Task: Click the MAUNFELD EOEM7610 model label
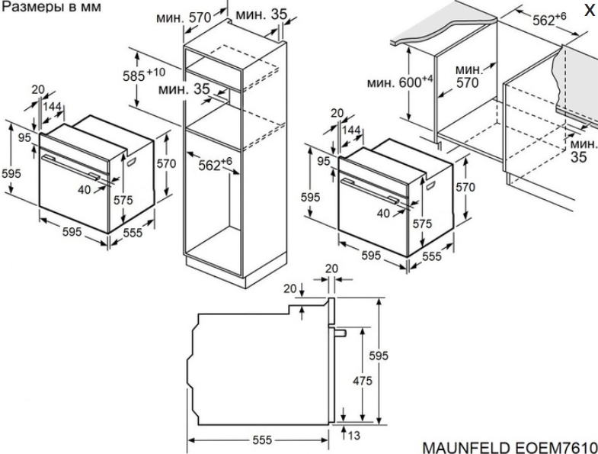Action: [x=508, y=444]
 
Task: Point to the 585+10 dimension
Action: [x=146, y=76]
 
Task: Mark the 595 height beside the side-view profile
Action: [x=379, y=356]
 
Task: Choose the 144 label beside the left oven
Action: [x=52, y=107]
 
